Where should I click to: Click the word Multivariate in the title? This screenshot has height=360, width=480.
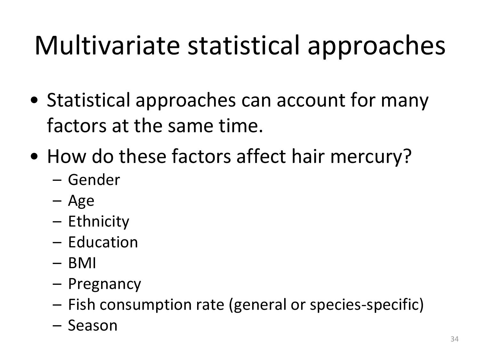[107, 45]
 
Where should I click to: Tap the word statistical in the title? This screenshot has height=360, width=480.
[243, 45]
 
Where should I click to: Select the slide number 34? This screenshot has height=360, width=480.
[454, 339]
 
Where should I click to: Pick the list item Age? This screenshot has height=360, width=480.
[81, 201]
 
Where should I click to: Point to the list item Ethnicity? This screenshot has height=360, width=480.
[99, 221]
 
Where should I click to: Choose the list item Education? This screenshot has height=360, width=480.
[103, 242]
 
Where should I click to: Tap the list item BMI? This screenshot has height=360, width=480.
[82, 263]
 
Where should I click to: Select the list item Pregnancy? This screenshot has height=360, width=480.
[105, 284]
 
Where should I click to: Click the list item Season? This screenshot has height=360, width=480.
[93, 325]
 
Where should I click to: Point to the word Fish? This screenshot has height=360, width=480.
[82, 305]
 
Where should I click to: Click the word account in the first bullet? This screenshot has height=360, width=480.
[310, 100]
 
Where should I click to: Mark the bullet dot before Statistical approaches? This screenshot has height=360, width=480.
[34, 101]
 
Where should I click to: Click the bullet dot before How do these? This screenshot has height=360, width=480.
[34, 156]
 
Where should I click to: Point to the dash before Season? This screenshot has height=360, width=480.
[57, 325]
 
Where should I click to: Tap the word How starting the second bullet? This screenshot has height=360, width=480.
[67, 156]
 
